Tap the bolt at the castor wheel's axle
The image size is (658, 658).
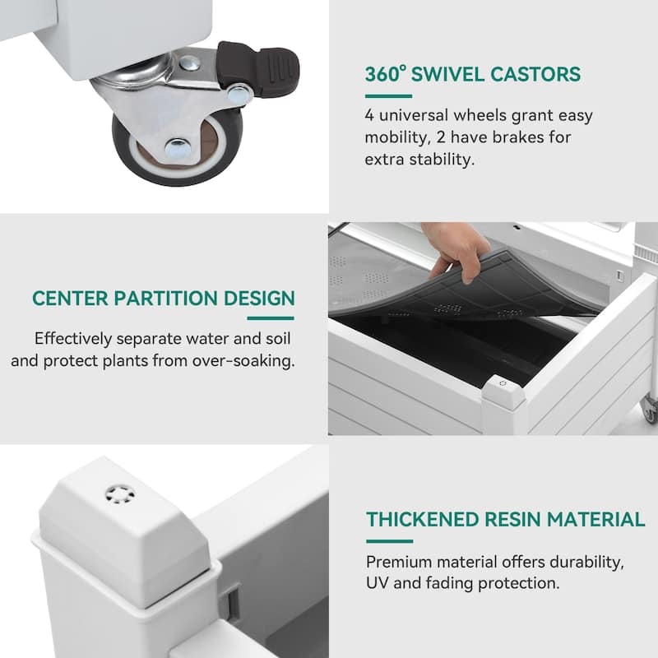(177, 147)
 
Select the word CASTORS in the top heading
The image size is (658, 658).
(535, 74)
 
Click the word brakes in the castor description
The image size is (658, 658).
(518, 137)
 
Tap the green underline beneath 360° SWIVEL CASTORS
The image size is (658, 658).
(388, 96)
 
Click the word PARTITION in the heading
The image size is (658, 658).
(166, 299)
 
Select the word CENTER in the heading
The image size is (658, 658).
(70, 299)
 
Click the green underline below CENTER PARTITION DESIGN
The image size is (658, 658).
(271, 318)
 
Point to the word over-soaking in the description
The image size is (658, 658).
(243, 361)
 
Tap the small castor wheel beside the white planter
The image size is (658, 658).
(650, 408)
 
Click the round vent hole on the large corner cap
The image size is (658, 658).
(120, 494)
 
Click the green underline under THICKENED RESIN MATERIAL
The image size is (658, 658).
(389, 541)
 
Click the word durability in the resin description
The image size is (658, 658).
(587, 563)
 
